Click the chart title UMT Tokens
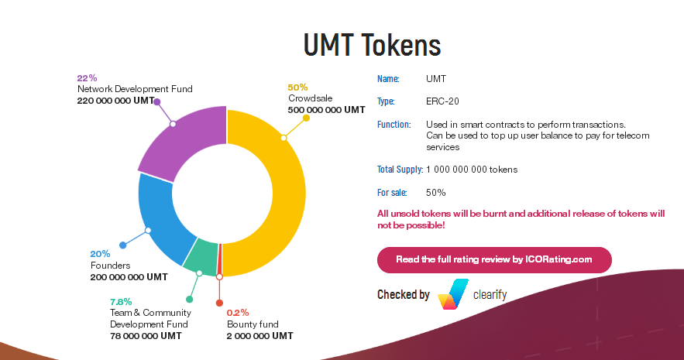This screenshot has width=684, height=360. (372, 46)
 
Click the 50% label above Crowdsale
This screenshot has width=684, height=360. (297, 87)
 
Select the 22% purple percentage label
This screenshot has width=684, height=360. (87, 78)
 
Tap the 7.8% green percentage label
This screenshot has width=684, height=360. (121, 301)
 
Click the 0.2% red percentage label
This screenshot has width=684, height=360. (238, 313)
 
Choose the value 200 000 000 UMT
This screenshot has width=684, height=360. (129, 276)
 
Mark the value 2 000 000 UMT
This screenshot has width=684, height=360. (260, 336)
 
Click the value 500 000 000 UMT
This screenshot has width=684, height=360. (326, 110)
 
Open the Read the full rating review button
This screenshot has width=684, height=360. (493, 259)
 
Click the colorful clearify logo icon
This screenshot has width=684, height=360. (452, 294)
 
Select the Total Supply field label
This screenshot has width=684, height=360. (400, 170)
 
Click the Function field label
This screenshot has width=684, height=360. (394, 125)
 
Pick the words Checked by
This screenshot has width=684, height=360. (403, 295)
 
